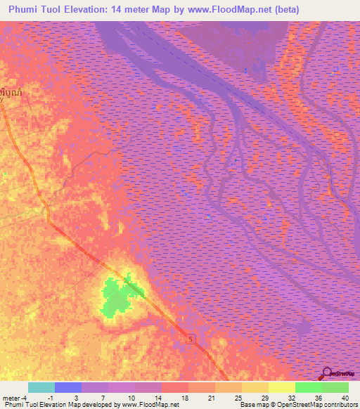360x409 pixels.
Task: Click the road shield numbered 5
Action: [189, 340]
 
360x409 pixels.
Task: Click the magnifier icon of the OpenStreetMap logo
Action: [328, 373]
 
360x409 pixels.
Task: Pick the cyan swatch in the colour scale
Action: [41, 387]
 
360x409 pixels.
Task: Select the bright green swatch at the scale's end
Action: [335, 387]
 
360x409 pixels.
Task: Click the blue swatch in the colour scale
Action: [68, 387]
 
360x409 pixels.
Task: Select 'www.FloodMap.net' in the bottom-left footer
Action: [148, 405]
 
